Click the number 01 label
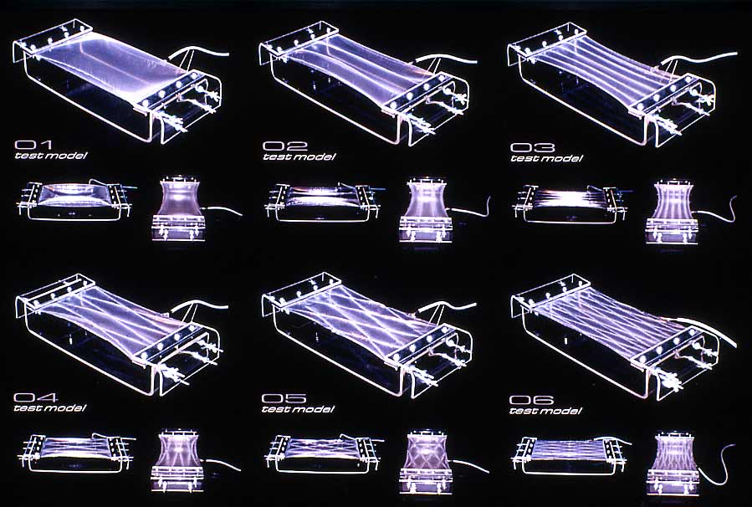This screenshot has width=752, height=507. click(33, 145)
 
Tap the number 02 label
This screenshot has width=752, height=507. click(284, 146)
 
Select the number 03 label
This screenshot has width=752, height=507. click(532, 148)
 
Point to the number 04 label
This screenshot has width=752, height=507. click(35, 397)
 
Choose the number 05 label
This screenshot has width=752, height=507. click(284, 398)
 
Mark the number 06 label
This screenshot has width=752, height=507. click(531, 400)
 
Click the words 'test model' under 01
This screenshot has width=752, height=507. click(51, 156)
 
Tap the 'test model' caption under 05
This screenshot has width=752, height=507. click(298, 409)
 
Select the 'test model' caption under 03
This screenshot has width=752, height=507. click(546, 158)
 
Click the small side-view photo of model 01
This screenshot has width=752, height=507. click(76, 201)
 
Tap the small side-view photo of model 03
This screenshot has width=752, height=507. click(570, 204)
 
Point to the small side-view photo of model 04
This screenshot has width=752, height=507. click(77, 453)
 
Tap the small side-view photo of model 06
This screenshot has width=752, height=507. click(570, 455)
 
